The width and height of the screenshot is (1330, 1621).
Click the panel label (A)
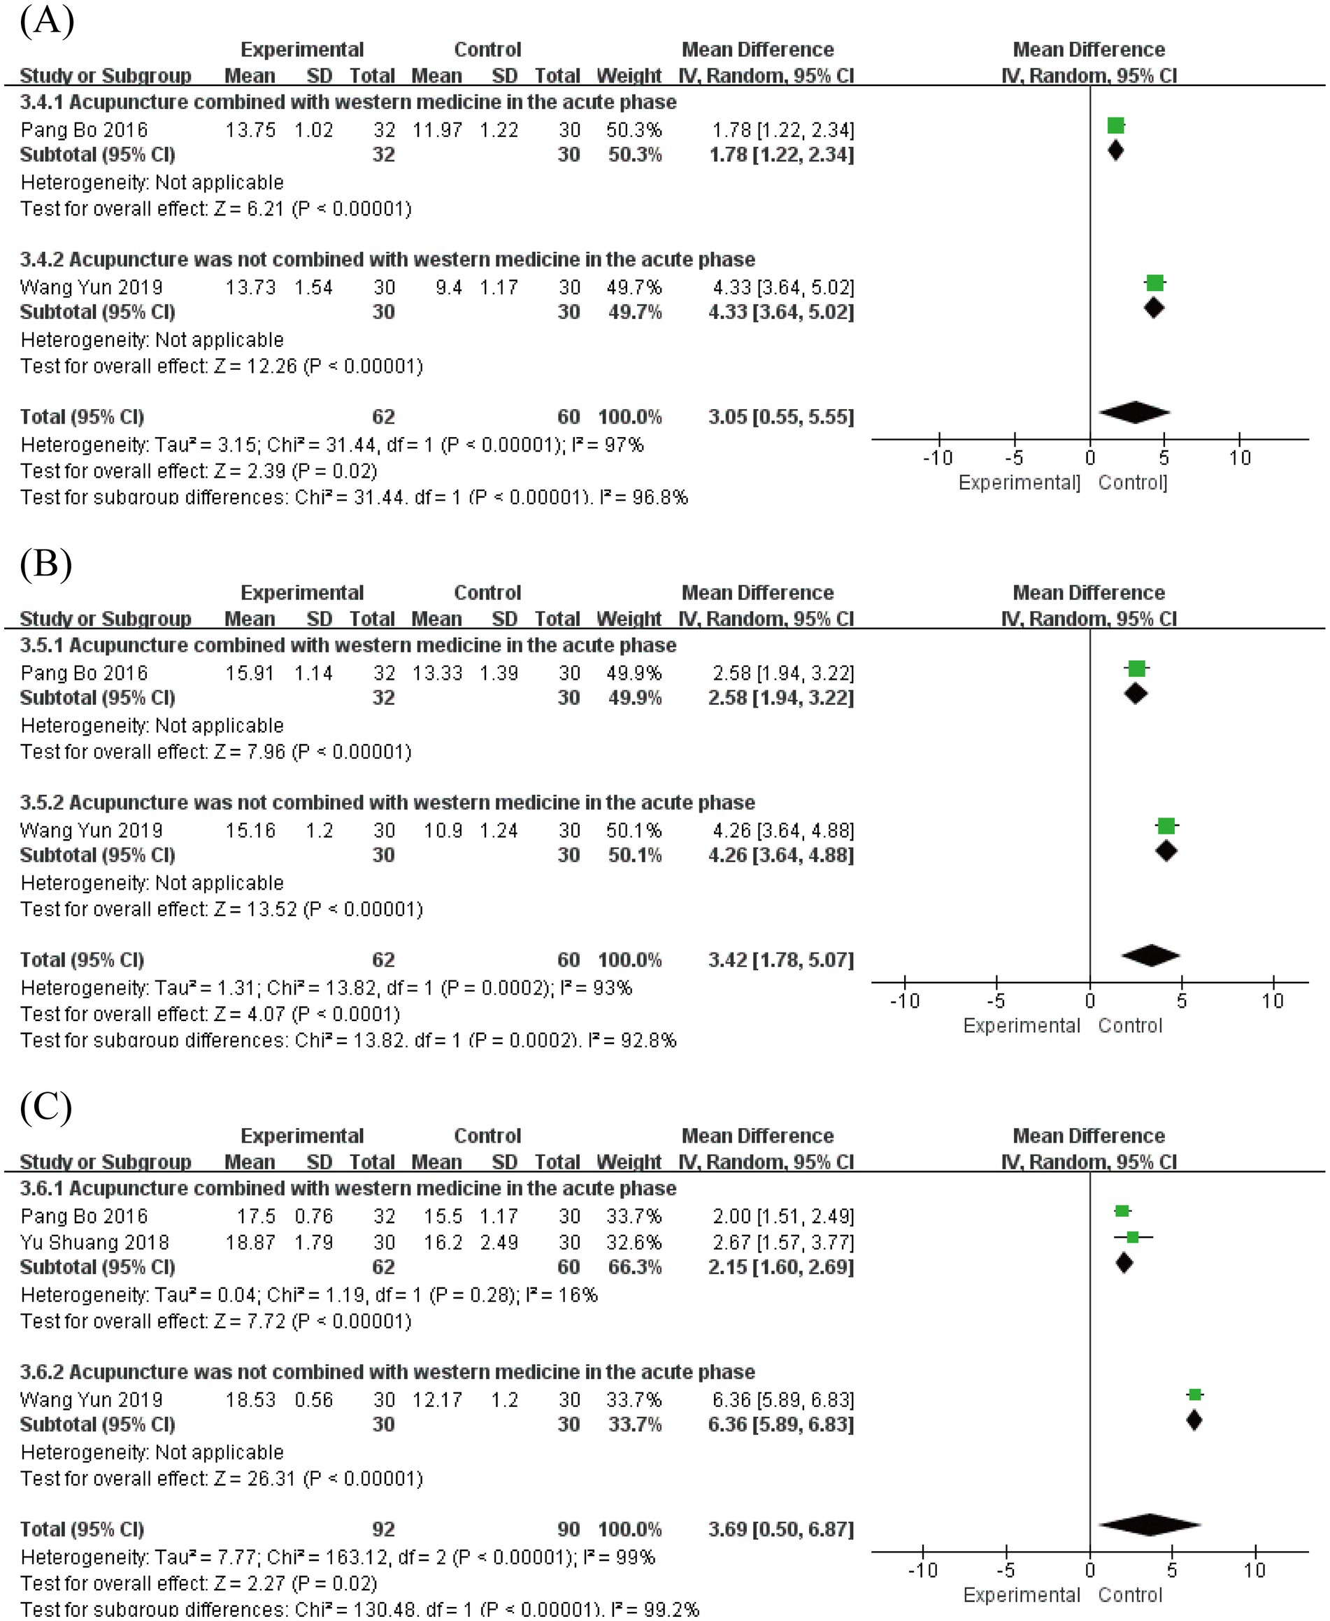pyautogui.click(x=47, y=21)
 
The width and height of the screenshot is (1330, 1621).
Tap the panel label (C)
pyautogui.click(x=46, y=1106)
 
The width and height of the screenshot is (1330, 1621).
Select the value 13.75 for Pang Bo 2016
pyautogui.click(x=250, y=130)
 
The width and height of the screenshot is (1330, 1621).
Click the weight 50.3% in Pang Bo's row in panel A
pyautogui.click(x=634, y=130)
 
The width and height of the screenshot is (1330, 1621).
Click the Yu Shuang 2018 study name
pyautogui.click(x=94, y=1242)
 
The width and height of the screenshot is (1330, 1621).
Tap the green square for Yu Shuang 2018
pyautogui.click(x=1132, y=1236)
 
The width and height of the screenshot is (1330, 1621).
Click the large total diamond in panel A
pyautogui.click(x=1134, y=412)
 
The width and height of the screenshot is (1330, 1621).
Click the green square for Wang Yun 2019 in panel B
pyautogui.click(x=1165, y=826)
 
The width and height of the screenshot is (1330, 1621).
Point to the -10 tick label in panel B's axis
pyautogui.click(x=904, y=1001)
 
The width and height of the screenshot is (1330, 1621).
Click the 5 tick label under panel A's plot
pyautogui.click(x=1164, y=458)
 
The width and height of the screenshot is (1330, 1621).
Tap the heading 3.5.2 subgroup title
pyautogui.click(x=387, y=802)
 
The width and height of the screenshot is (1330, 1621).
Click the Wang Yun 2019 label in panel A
pyautogui.click(x=91, y=287)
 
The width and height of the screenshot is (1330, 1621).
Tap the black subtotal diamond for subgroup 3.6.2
pyautogui.click(x=1194, y=1420)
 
